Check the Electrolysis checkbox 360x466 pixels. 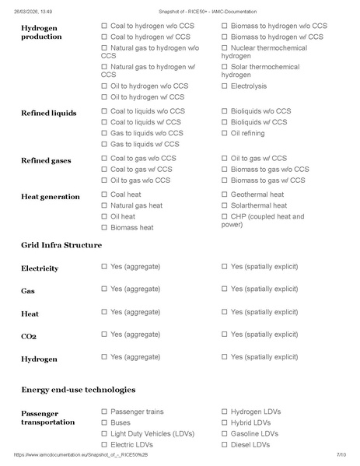click(225, 86)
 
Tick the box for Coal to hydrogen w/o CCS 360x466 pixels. click(104, 26)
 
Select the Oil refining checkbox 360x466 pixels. click(225, 133)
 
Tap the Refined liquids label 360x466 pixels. click(48, 113)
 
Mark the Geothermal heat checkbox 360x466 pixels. click(225, 194)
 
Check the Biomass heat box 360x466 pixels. click(104, 228)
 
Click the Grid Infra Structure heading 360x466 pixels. click(61, 245)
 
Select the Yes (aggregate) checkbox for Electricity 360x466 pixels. click(104, 266)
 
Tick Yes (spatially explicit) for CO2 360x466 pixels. click(225, 334)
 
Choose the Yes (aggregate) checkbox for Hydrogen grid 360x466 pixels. click(104, 356)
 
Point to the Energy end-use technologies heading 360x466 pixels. click(78, 389)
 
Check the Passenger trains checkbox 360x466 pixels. click(104, 412)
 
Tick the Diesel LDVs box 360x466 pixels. click(225, 445)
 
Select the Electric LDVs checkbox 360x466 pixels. click(104, 445)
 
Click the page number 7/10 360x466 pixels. click(341, 454)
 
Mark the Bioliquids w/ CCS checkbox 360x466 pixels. click(225, 122)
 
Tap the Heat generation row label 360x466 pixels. click(50, 197)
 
